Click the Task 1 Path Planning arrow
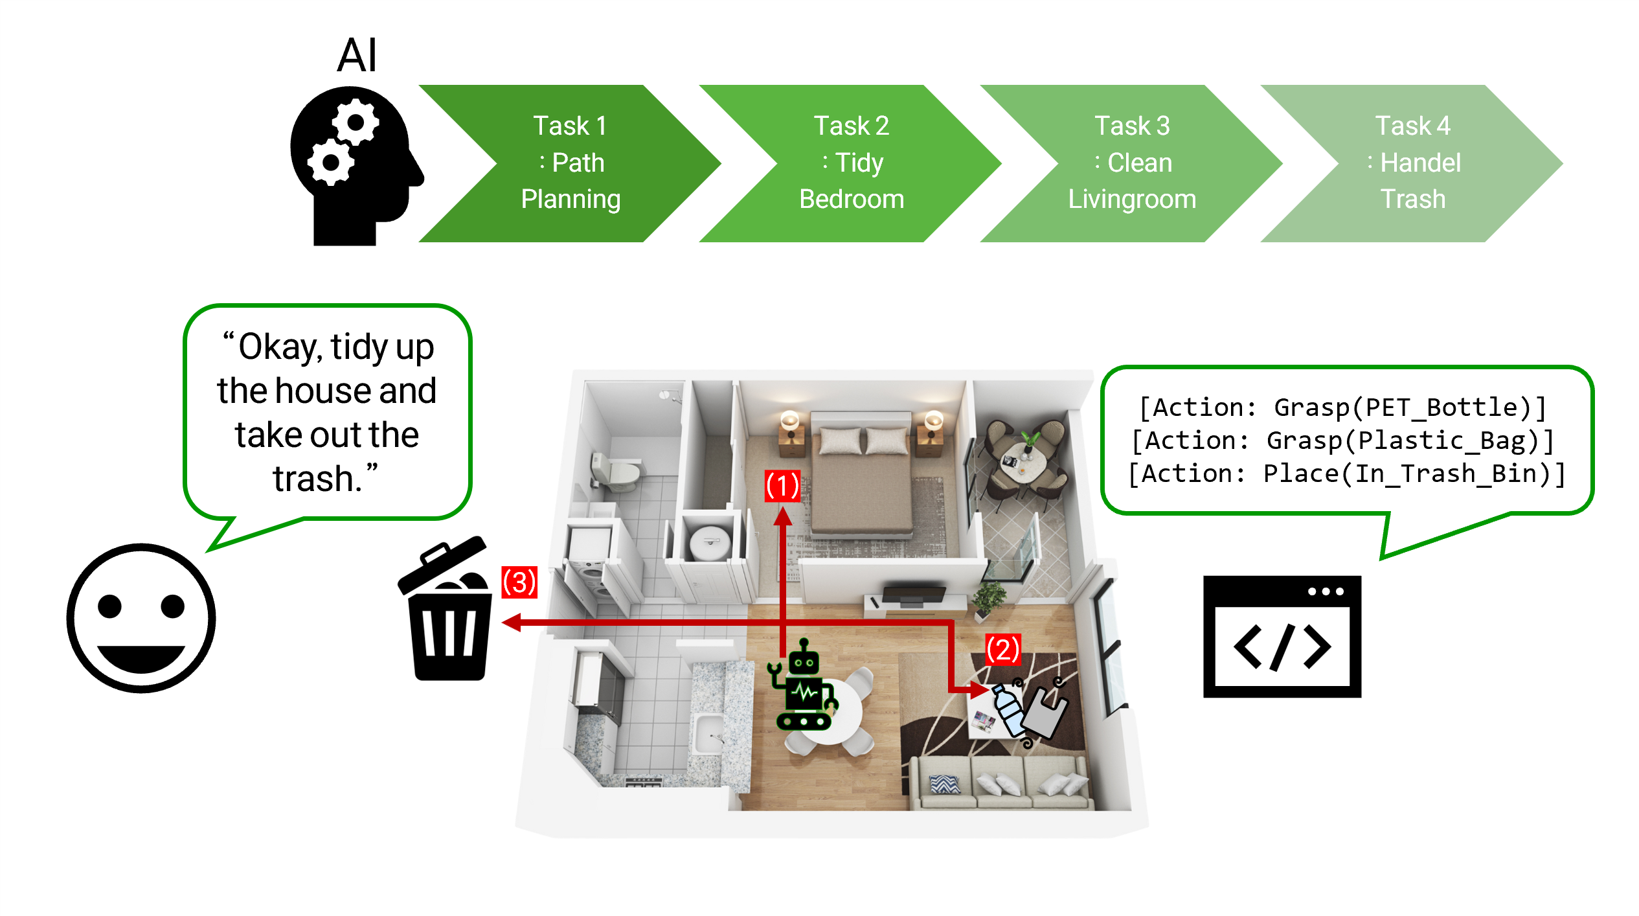pyautogui.click(x=570, y=163)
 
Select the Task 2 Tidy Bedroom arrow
pyautogui.click(x=851, y=163)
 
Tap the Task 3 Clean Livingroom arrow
pyautogui.click(x=1132, y=163)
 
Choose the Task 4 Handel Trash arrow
pyautogui.click(x=1412, y=163)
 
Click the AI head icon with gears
pyautogui.click(x=356, y=166)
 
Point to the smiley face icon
pyautogui.click(x=141, y=618)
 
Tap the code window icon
pyautogui.click(x=1282, y=636)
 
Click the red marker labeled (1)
pyautogui.click(x=782, y=486)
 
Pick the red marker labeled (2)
pyautogui.click(x=1003, y=650)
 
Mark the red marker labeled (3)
pyautogui.click(x=519, y=582)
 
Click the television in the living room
pyautogui.click(x=913, y=595)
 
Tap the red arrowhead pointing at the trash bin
pyautogui.click(x=512, y=623)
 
